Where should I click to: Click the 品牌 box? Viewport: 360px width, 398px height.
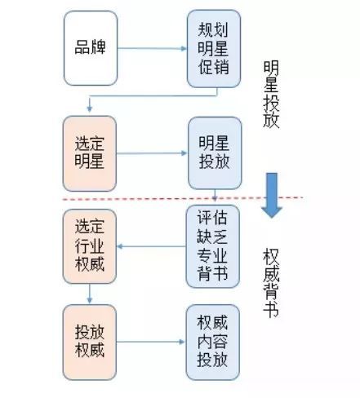(91, 49)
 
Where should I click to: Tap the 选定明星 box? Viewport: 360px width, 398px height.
(91, 152)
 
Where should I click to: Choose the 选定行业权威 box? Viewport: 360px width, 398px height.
(91, 248)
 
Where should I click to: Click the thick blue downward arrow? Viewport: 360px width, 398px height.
(272, 197)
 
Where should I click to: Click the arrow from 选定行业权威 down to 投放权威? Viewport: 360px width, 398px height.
(91, 292)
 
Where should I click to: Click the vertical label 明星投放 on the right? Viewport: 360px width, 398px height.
(272, 96)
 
